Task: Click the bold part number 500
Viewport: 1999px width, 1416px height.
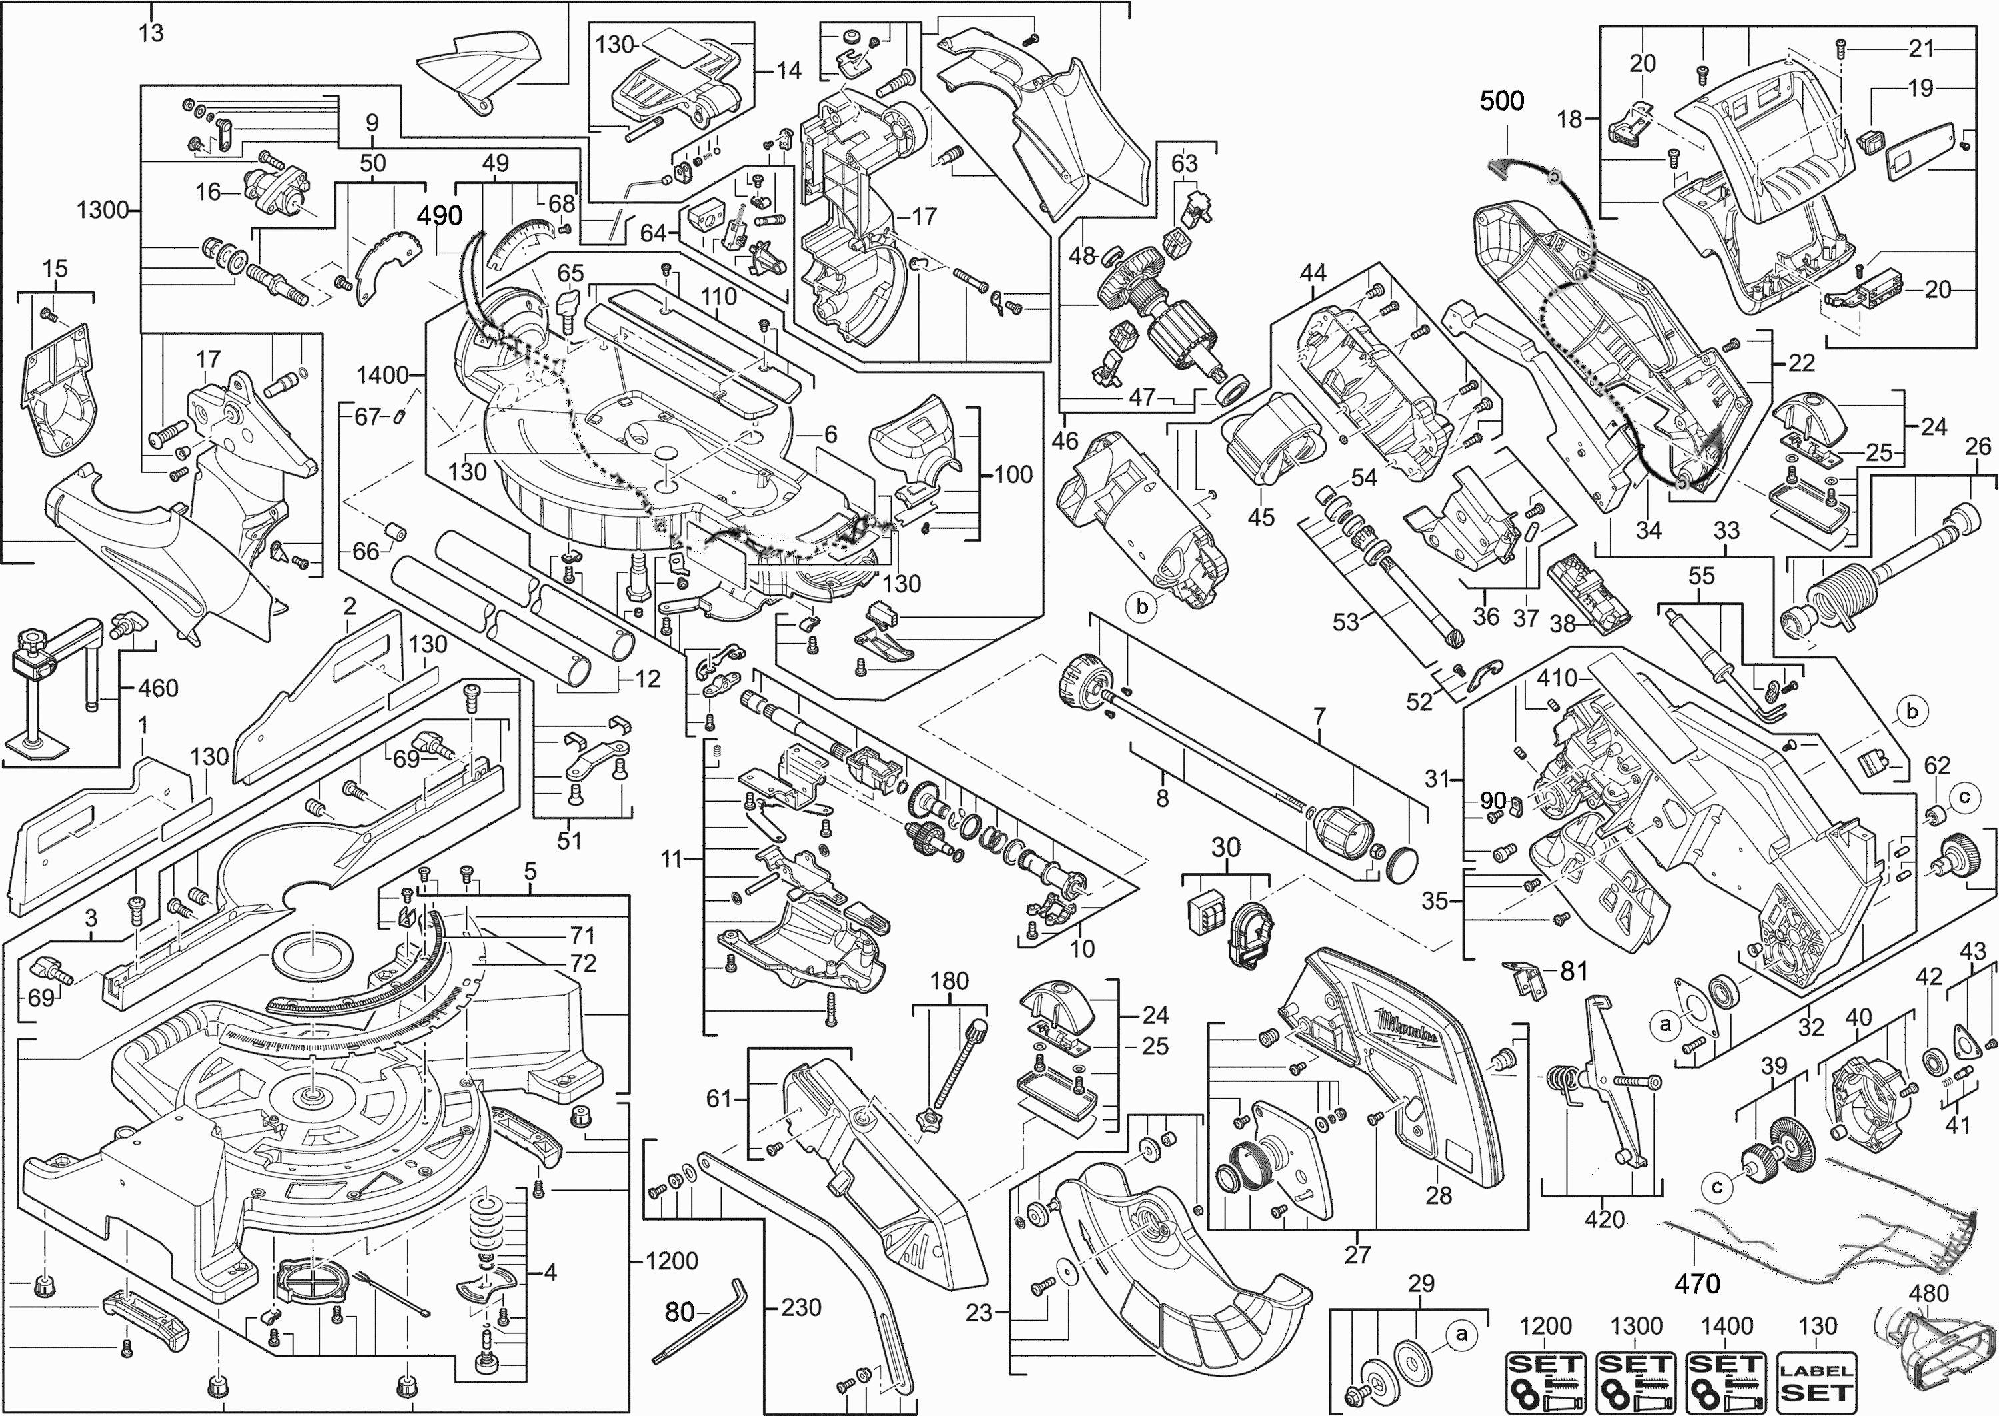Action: pyautogui.click(x=1501, y=101)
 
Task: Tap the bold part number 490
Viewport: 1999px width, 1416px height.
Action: pyautogui.click(x=438, y=215)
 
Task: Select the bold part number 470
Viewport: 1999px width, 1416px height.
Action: pyautogui.click(x=1696, y=1283)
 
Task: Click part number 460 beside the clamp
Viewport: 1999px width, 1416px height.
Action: pyautogui.click(x=158, y=689)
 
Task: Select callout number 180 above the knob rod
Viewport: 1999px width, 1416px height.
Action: pyautogui.click(x=948, y=981)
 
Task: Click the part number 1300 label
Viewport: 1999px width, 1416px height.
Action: pyautogui.click(x=103, y=210)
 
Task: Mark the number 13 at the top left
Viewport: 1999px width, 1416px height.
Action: pyautogui.click(x=151, y=33)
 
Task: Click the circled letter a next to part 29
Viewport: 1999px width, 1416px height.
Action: pyautogui.click(x=1462, y=1334)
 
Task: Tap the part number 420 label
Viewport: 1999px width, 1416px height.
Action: pyautogui.click(x=1604, y=1219)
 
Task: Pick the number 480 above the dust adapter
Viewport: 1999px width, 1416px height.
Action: pyautogui.click(x=1928, y=1293)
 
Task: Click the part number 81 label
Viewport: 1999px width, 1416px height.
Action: pyautogui.click(x=1574, y=970)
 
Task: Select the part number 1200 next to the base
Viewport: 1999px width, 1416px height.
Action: pyautogui.click(x=672, y=1261)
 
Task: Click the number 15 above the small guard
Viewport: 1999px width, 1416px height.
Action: pyautogui.click(x=54, y=269)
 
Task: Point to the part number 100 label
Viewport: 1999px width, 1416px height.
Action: pyautogui.click(x=1012, y=475)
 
